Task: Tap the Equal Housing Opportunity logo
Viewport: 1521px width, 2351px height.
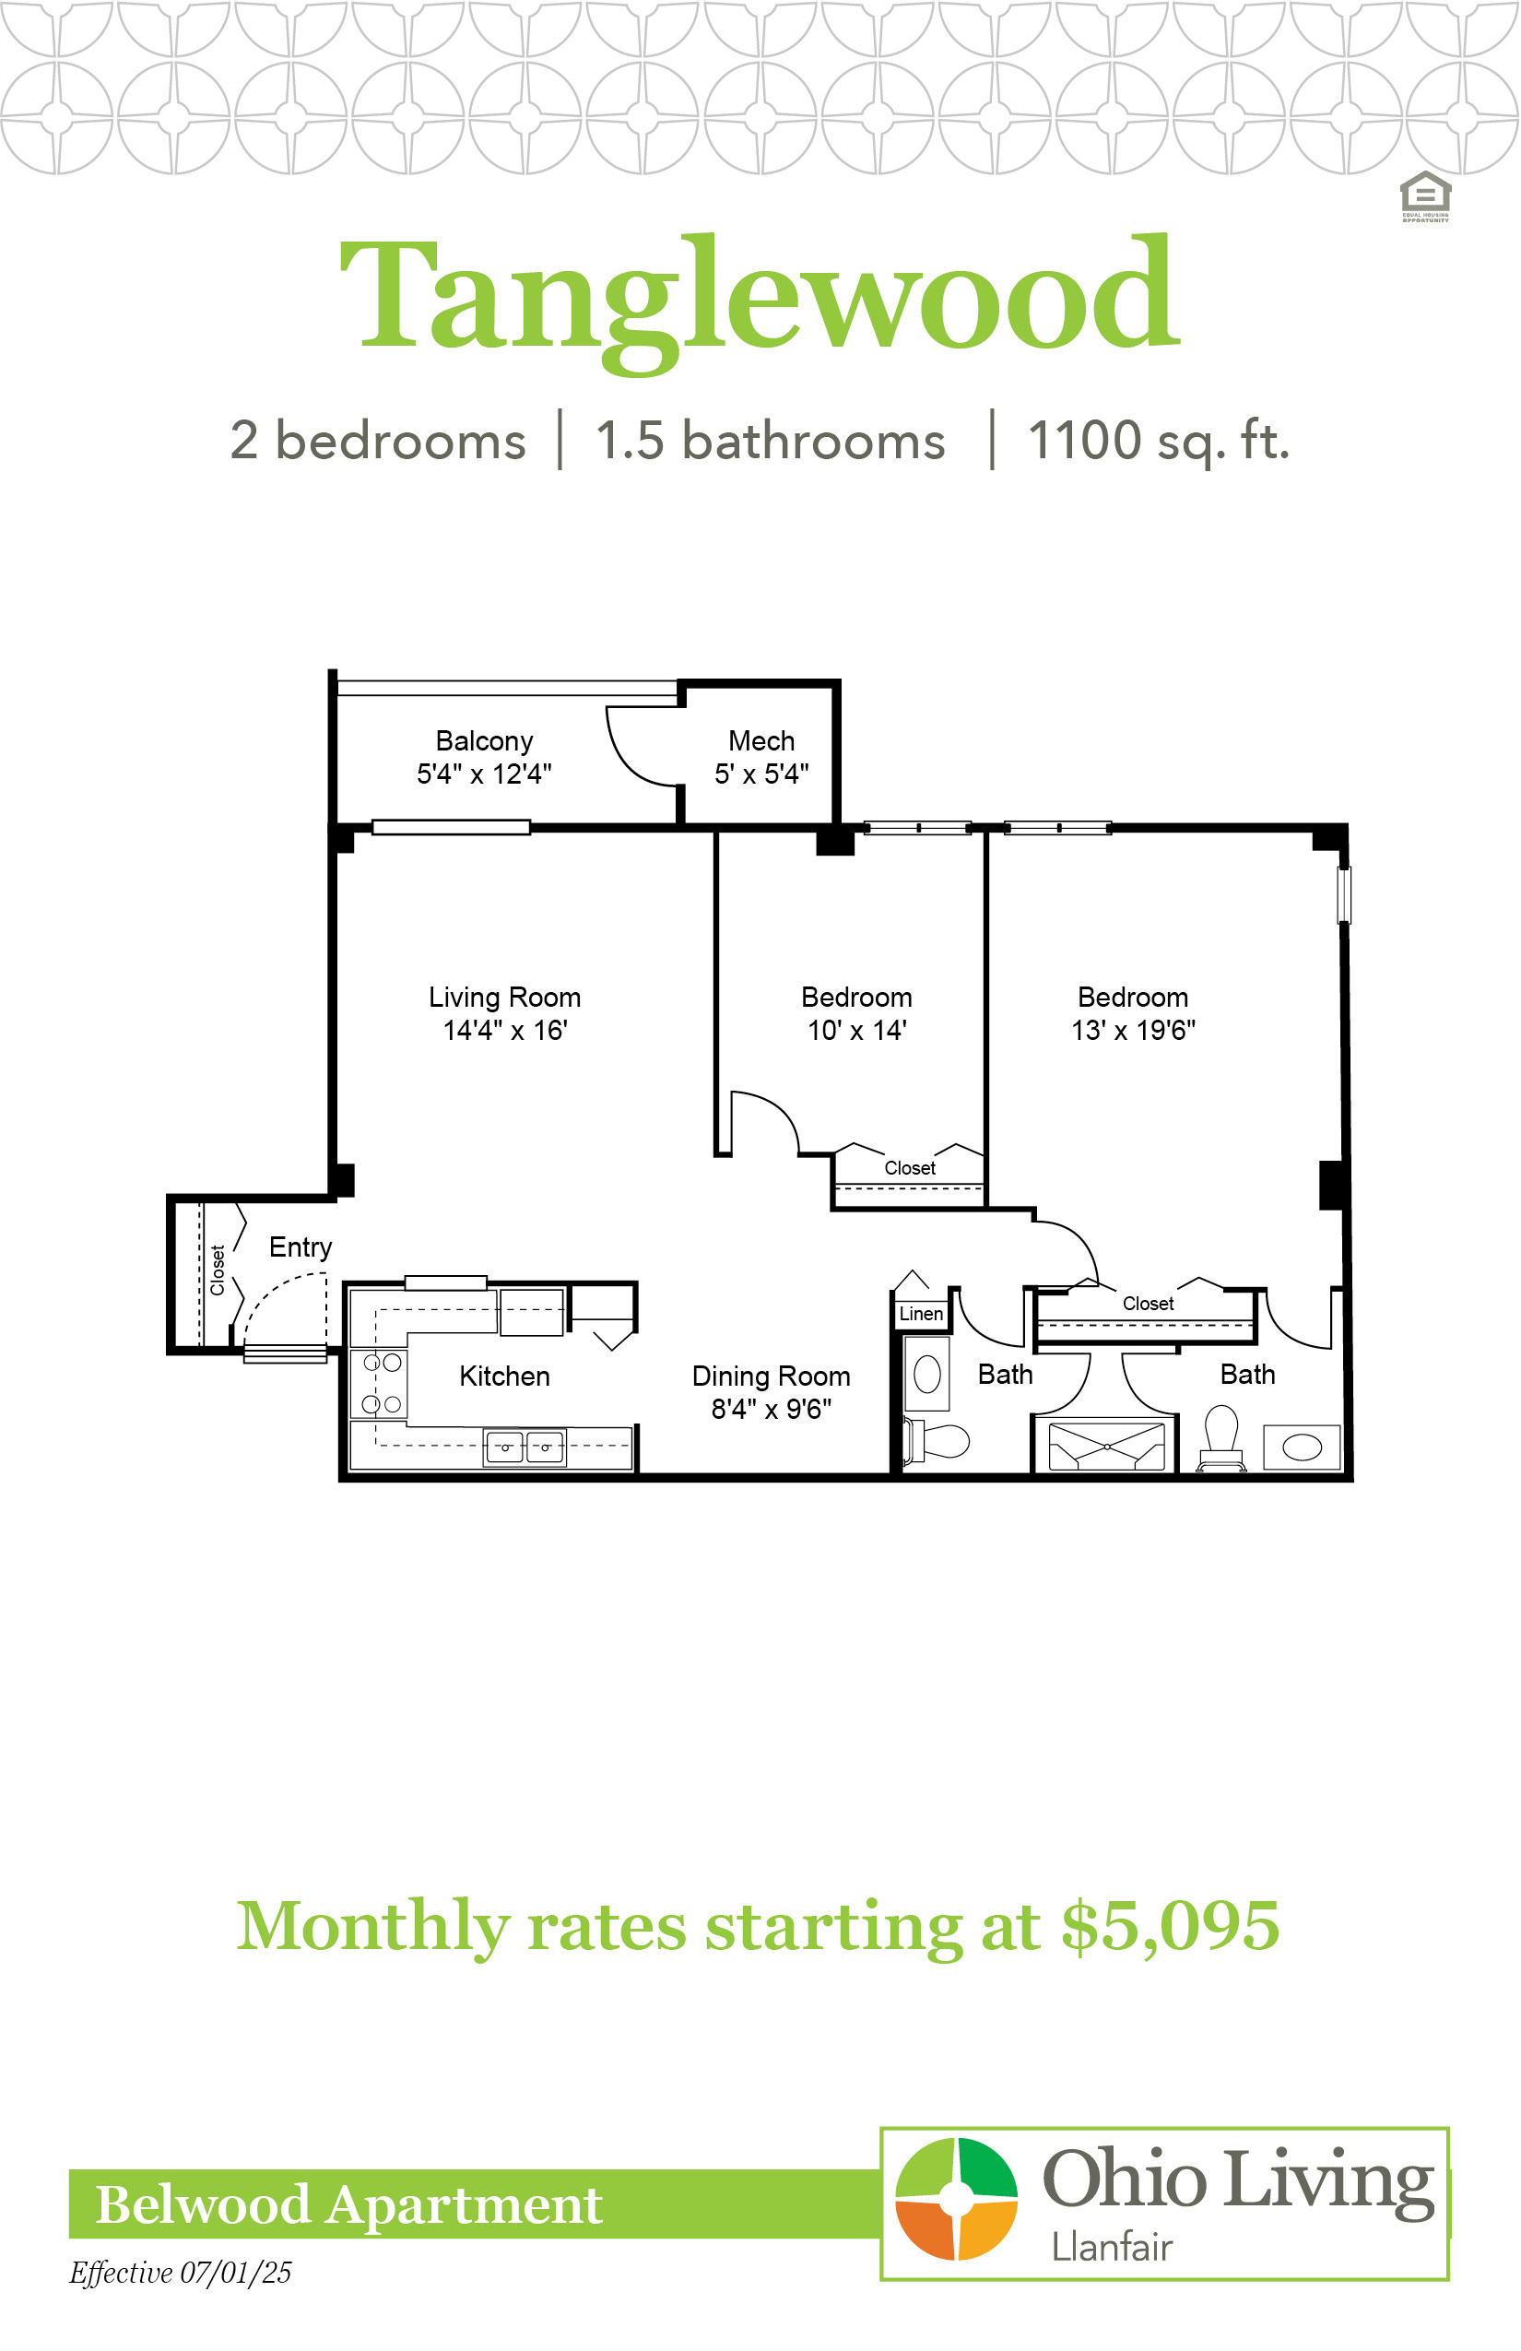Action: [x=1425, y=196]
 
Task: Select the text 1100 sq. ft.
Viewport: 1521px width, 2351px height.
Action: [x=1159, y=441]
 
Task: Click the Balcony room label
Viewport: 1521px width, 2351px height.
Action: [x=484, y=741]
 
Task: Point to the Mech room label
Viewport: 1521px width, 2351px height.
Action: [x=761, y=741]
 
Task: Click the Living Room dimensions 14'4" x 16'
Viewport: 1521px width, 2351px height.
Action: [x=505, y=1031]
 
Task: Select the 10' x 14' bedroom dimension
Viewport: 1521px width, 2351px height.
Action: [x=857, y=1031]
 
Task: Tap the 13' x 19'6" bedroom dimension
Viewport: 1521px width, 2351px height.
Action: [x=1134, y=1031]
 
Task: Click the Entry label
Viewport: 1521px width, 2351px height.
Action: [x=301, y=1247]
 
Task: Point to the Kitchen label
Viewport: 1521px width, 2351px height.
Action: [x=505, y=1376]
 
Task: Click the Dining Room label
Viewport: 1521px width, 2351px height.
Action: [x=772, y=1376]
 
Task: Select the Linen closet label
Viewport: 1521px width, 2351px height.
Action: [x=922, y=1314]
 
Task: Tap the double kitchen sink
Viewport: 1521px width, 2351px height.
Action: [x=525, y=1447]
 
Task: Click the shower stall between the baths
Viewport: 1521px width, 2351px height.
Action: [x=1106, y=1447]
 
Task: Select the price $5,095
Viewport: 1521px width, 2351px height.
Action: [x=1171, y=1927]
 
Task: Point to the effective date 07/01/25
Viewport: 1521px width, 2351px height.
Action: [x=236, y=2273]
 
